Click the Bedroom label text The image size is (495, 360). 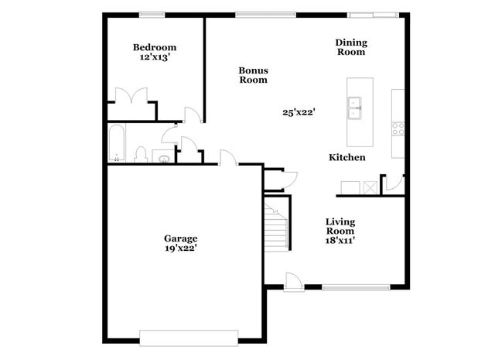tap(153, 47)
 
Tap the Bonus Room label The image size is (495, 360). tap(253, 75)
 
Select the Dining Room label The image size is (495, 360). tap(350, 47)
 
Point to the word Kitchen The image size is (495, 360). tap(347, 157)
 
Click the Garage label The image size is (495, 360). tap(180, 238)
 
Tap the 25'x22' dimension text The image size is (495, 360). tap(298, 111)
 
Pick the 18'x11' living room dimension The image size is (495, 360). tap(340, 240)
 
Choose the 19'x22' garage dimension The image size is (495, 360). tap(180, 249)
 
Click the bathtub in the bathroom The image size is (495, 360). tap(116, 143)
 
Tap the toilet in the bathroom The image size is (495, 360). tap(141, 154)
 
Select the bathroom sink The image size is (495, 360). tap(164, 159)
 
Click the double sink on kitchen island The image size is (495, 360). tap(357, 109)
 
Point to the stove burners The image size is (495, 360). tap(398, 129)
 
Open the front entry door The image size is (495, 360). tap(294, 281)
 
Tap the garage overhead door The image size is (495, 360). tap(189, 335)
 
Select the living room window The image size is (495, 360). tap(355, 287)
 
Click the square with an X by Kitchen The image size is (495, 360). tap(371, 187)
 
